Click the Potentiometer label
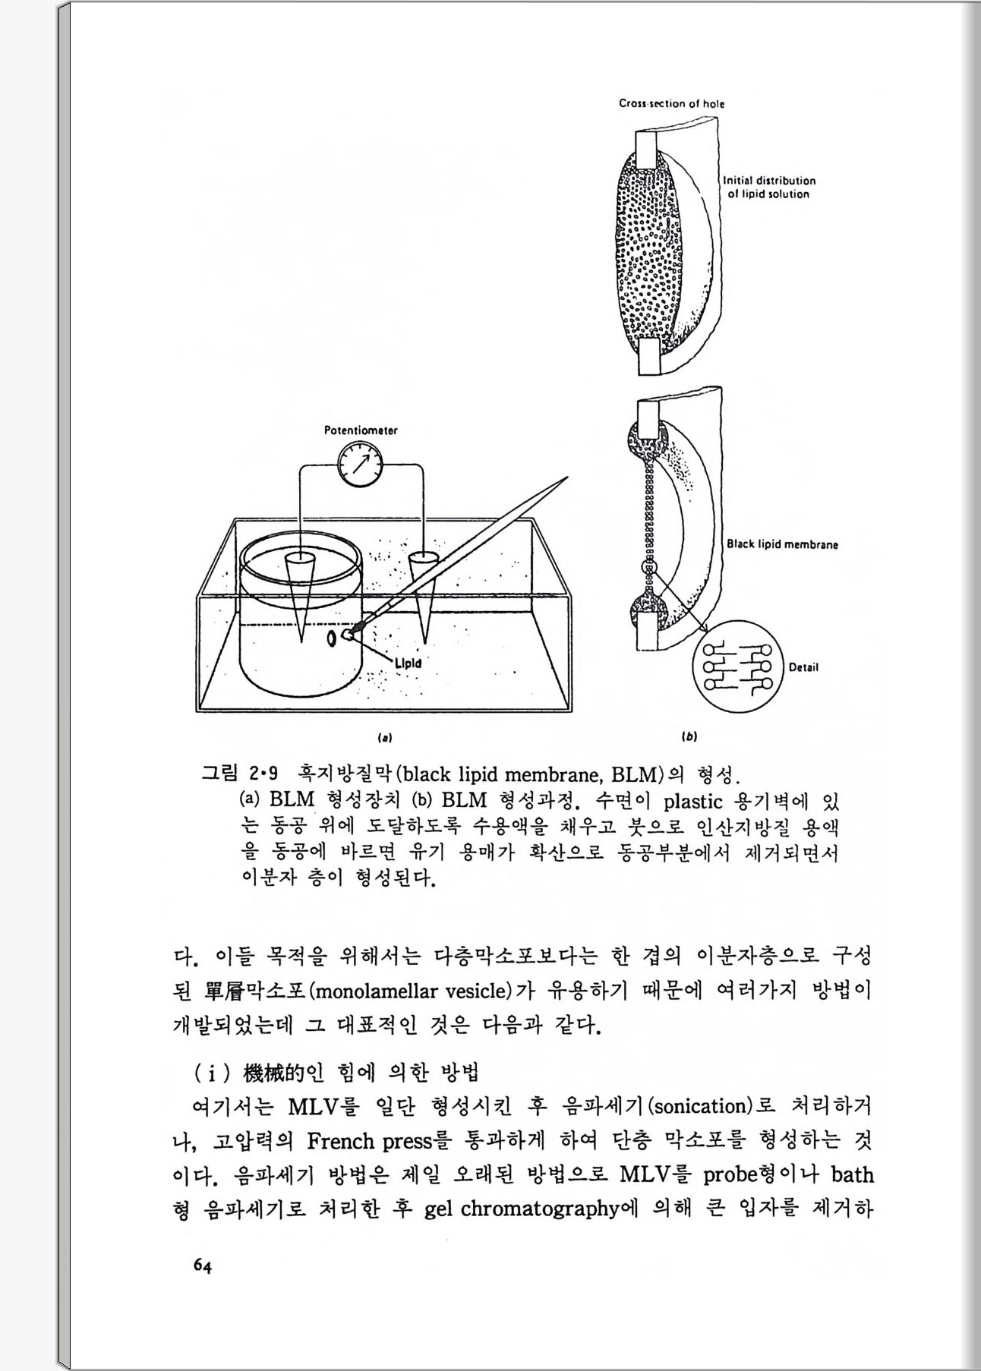[x=361, y=430]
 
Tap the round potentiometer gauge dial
[x=360, y=464]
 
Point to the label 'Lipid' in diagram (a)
[x=408, y=663]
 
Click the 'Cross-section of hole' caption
[x=671, y=103]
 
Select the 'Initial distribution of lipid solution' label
[x=768, y=188]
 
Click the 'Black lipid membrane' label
[x=782, y=544]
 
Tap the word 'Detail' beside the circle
[x=803, y=668]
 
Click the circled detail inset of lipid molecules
[x=736, y=667]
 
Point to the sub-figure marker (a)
[x=385, y=736]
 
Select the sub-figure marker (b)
[x=689, y=736]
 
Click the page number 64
[x=202, y=1265]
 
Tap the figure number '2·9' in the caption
[x=263, y=775]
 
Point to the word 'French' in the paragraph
[x=341, y=1141]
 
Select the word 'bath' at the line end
[x=852, y=1175]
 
